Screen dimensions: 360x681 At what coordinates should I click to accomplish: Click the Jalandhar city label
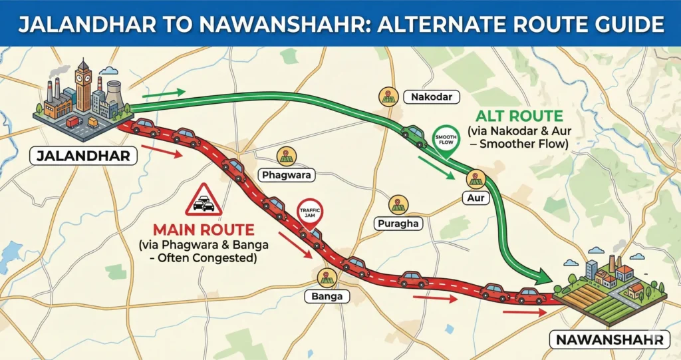tap(83, 158)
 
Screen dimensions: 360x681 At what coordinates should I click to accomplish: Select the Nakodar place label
tap(432, 98)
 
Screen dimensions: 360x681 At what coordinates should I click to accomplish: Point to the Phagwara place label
tap(286, 176)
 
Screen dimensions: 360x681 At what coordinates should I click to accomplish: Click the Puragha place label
tap(399, 224)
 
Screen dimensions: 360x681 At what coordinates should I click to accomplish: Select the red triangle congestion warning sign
tap(204, 200)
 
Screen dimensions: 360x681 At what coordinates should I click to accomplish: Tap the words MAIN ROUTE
tap(204, 231)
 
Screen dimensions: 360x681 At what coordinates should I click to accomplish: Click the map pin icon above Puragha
tap(398, 204)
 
